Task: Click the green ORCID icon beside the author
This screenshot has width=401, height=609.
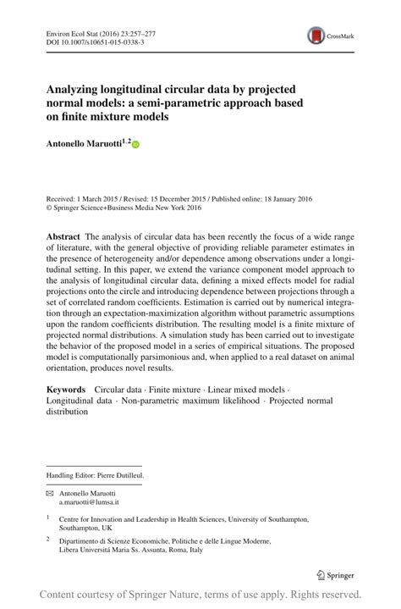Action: pyautogui.click(x=135, y=146)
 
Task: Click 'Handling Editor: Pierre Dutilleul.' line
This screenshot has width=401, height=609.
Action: pyautogui.click(x=96, y=476)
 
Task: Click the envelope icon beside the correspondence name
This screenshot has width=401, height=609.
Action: pyautogui.click(x=50, y=493)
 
